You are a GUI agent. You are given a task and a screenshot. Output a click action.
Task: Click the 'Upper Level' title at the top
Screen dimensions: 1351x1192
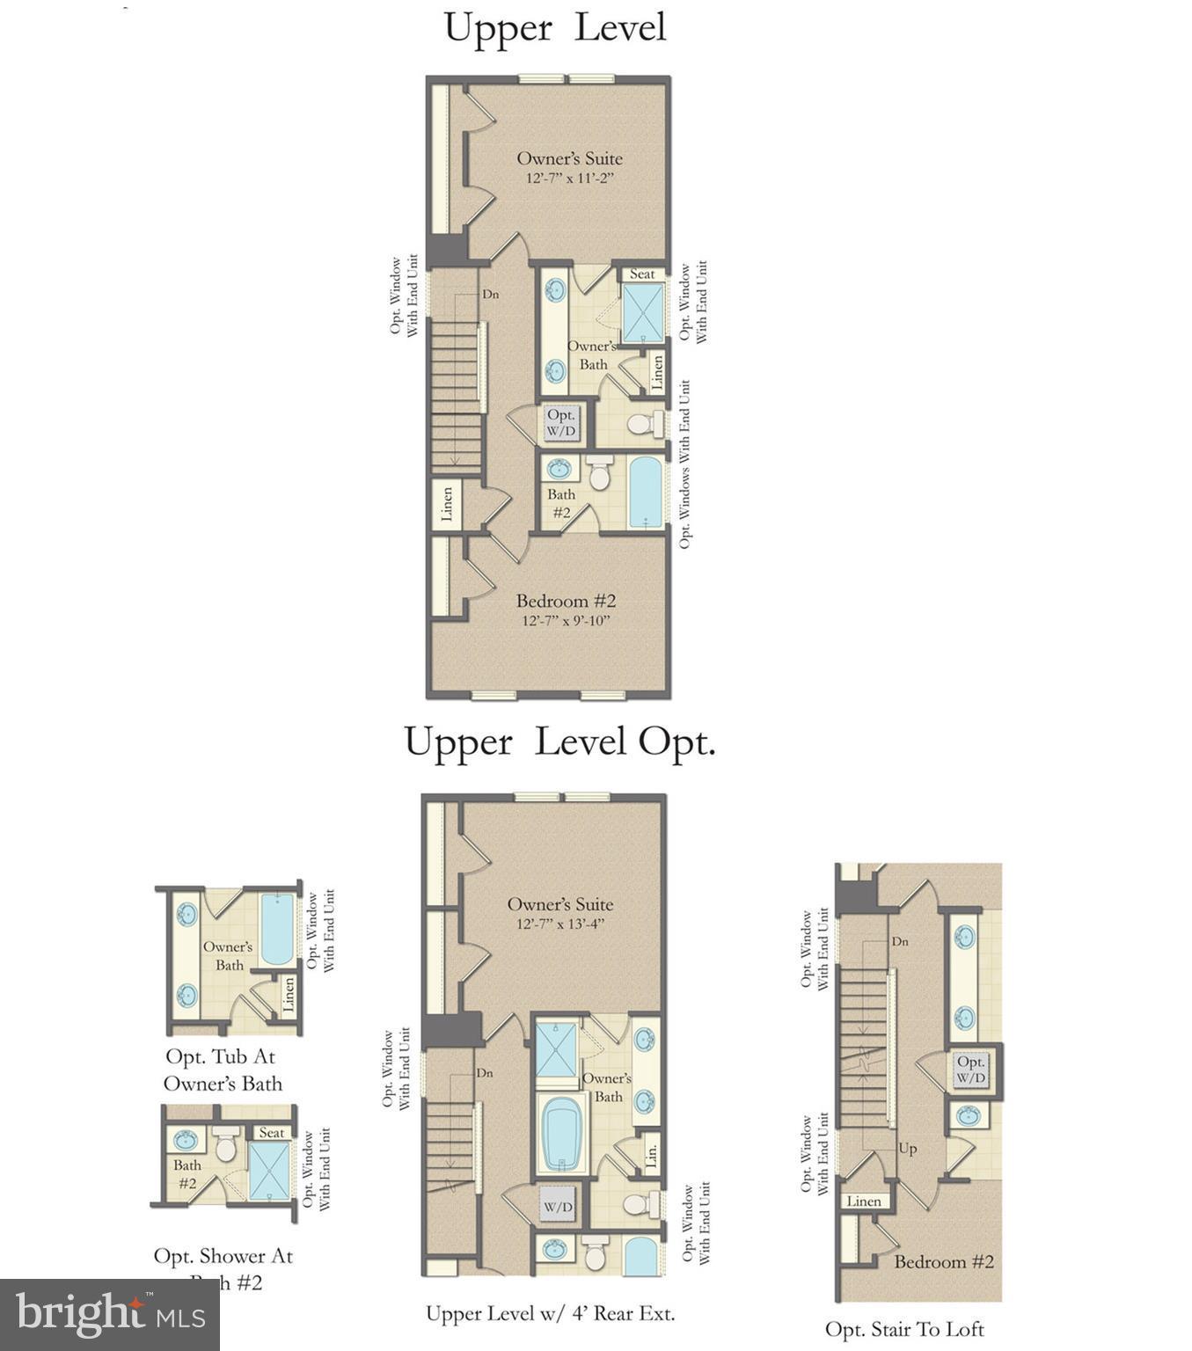[x=555, y=27]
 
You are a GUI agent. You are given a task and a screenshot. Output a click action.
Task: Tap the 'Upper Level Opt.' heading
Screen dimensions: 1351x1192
[x=559, y=742]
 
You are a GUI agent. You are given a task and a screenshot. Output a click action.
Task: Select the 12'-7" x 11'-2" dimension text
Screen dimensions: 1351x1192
[x=568, y=179]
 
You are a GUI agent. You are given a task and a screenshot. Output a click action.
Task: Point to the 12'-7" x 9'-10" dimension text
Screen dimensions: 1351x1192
[x=566, y=621]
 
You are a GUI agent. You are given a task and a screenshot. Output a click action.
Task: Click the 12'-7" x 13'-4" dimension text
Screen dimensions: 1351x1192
[x=560, y=924]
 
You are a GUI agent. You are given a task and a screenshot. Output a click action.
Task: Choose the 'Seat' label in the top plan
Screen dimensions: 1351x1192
[x=642, y=274]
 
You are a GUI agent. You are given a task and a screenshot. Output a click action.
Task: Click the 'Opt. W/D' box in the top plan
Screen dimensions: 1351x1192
[x=560, y=422]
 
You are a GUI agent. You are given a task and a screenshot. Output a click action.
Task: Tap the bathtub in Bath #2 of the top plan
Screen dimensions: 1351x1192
[x=645, y=492]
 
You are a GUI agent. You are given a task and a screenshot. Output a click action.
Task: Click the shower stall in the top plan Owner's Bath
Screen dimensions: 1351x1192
[x=645, y=313]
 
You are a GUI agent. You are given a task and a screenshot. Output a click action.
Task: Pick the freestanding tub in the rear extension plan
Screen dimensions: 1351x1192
[x=560, y=1133]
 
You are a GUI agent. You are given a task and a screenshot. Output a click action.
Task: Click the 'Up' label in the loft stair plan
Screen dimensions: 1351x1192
[x=907, y=1148]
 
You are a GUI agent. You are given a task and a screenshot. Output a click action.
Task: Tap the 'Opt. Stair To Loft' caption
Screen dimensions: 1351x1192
[x=904, y=1329]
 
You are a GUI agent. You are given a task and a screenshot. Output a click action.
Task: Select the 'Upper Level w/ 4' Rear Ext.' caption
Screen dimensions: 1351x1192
[x=551, y=1313]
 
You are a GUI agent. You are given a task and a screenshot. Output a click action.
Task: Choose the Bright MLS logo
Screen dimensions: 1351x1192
[x=110, y=1314]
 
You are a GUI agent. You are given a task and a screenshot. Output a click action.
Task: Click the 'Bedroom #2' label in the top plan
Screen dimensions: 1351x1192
[x=566, y=601]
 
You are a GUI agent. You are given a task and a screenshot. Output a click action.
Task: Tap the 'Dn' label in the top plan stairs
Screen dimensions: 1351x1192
[x=490, y=294]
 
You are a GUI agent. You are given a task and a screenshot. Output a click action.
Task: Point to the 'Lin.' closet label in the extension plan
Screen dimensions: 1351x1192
[x=651, y=1155]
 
